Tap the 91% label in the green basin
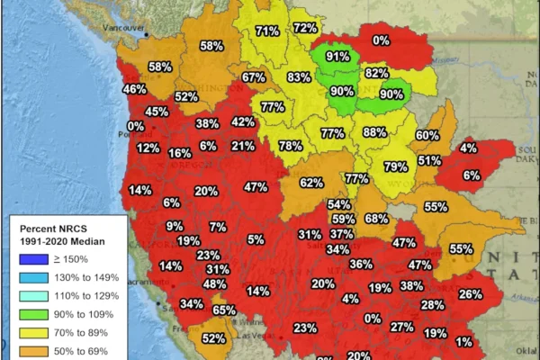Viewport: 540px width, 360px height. tap(338, 56)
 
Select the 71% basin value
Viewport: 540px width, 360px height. tap(266, 31)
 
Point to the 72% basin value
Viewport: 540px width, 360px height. tap(304, 28)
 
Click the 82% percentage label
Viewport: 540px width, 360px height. tap(377, 73)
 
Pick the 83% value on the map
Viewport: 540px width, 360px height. tap(299, 77)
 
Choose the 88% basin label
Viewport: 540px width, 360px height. tap(374, 132)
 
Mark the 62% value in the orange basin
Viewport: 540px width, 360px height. tap(311, 183)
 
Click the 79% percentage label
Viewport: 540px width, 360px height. tap(396, 166)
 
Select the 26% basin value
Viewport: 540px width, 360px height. tap(470, 293)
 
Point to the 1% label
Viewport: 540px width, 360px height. tap(463, 342)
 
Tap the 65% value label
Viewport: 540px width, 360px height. tap(224, 310)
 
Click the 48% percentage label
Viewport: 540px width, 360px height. tap(214, 284)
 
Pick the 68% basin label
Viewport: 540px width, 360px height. tap(376, 219)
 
